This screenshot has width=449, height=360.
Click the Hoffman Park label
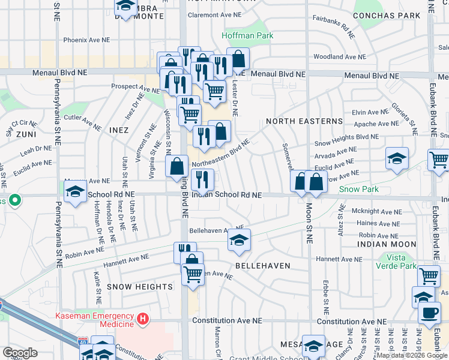(x=247, y=35)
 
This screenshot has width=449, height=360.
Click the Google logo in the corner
(x=20, y=353)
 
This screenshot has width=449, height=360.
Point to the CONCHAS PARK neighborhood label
(x=387, y=15)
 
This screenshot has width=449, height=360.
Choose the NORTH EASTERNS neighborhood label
(x=304, y=121)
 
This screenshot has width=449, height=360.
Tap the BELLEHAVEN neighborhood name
(x=262, y=265)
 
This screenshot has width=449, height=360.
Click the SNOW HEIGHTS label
(x=140, y=287)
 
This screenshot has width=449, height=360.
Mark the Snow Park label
(x=359, y=189)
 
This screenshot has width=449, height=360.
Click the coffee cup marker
(x=429, y=312)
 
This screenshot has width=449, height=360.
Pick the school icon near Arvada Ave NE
(x=397, y=158)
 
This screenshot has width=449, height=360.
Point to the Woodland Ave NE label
(x=337, y=57)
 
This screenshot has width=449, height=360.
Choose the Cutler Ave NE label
(x=82, y=122)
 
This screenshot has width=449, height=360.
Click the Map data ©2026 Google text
(x=412, y=355)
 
